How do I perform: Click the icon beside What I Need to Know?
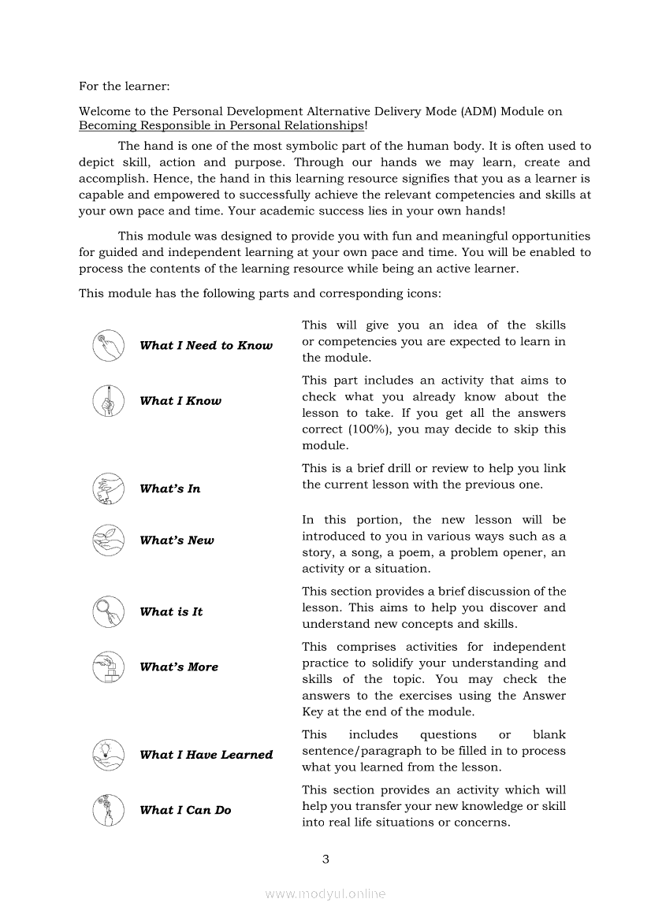(108, 346)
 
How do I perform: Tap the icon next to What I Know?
(108, 401)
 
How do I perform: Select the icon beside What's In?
(108, 488)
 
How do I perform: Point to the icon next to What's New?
(108, 540)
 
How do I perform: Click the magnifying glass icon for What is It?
(108, 611)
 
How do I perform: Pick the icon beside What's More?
(108, 667)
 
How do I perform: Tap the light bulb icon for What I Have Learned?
(108, 755)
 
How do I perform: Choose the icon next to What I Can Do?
(108, 810)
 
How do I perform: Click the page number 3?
(325, 859)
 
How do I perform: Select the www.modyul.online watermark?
(325, 893)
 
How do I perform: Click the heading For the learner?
(124, 85)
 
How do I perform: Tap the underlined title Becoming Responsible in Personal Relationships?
(221, 125)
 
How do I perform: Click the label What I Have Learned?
(206, 755)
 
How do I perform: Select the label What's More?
(179, 667)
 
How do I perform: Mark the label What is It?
(171, 611)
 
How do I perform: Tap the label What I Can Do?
(185, 810)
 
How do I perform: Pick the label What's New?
(177, 540)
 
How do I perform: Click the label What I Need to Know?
(206, 346)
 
